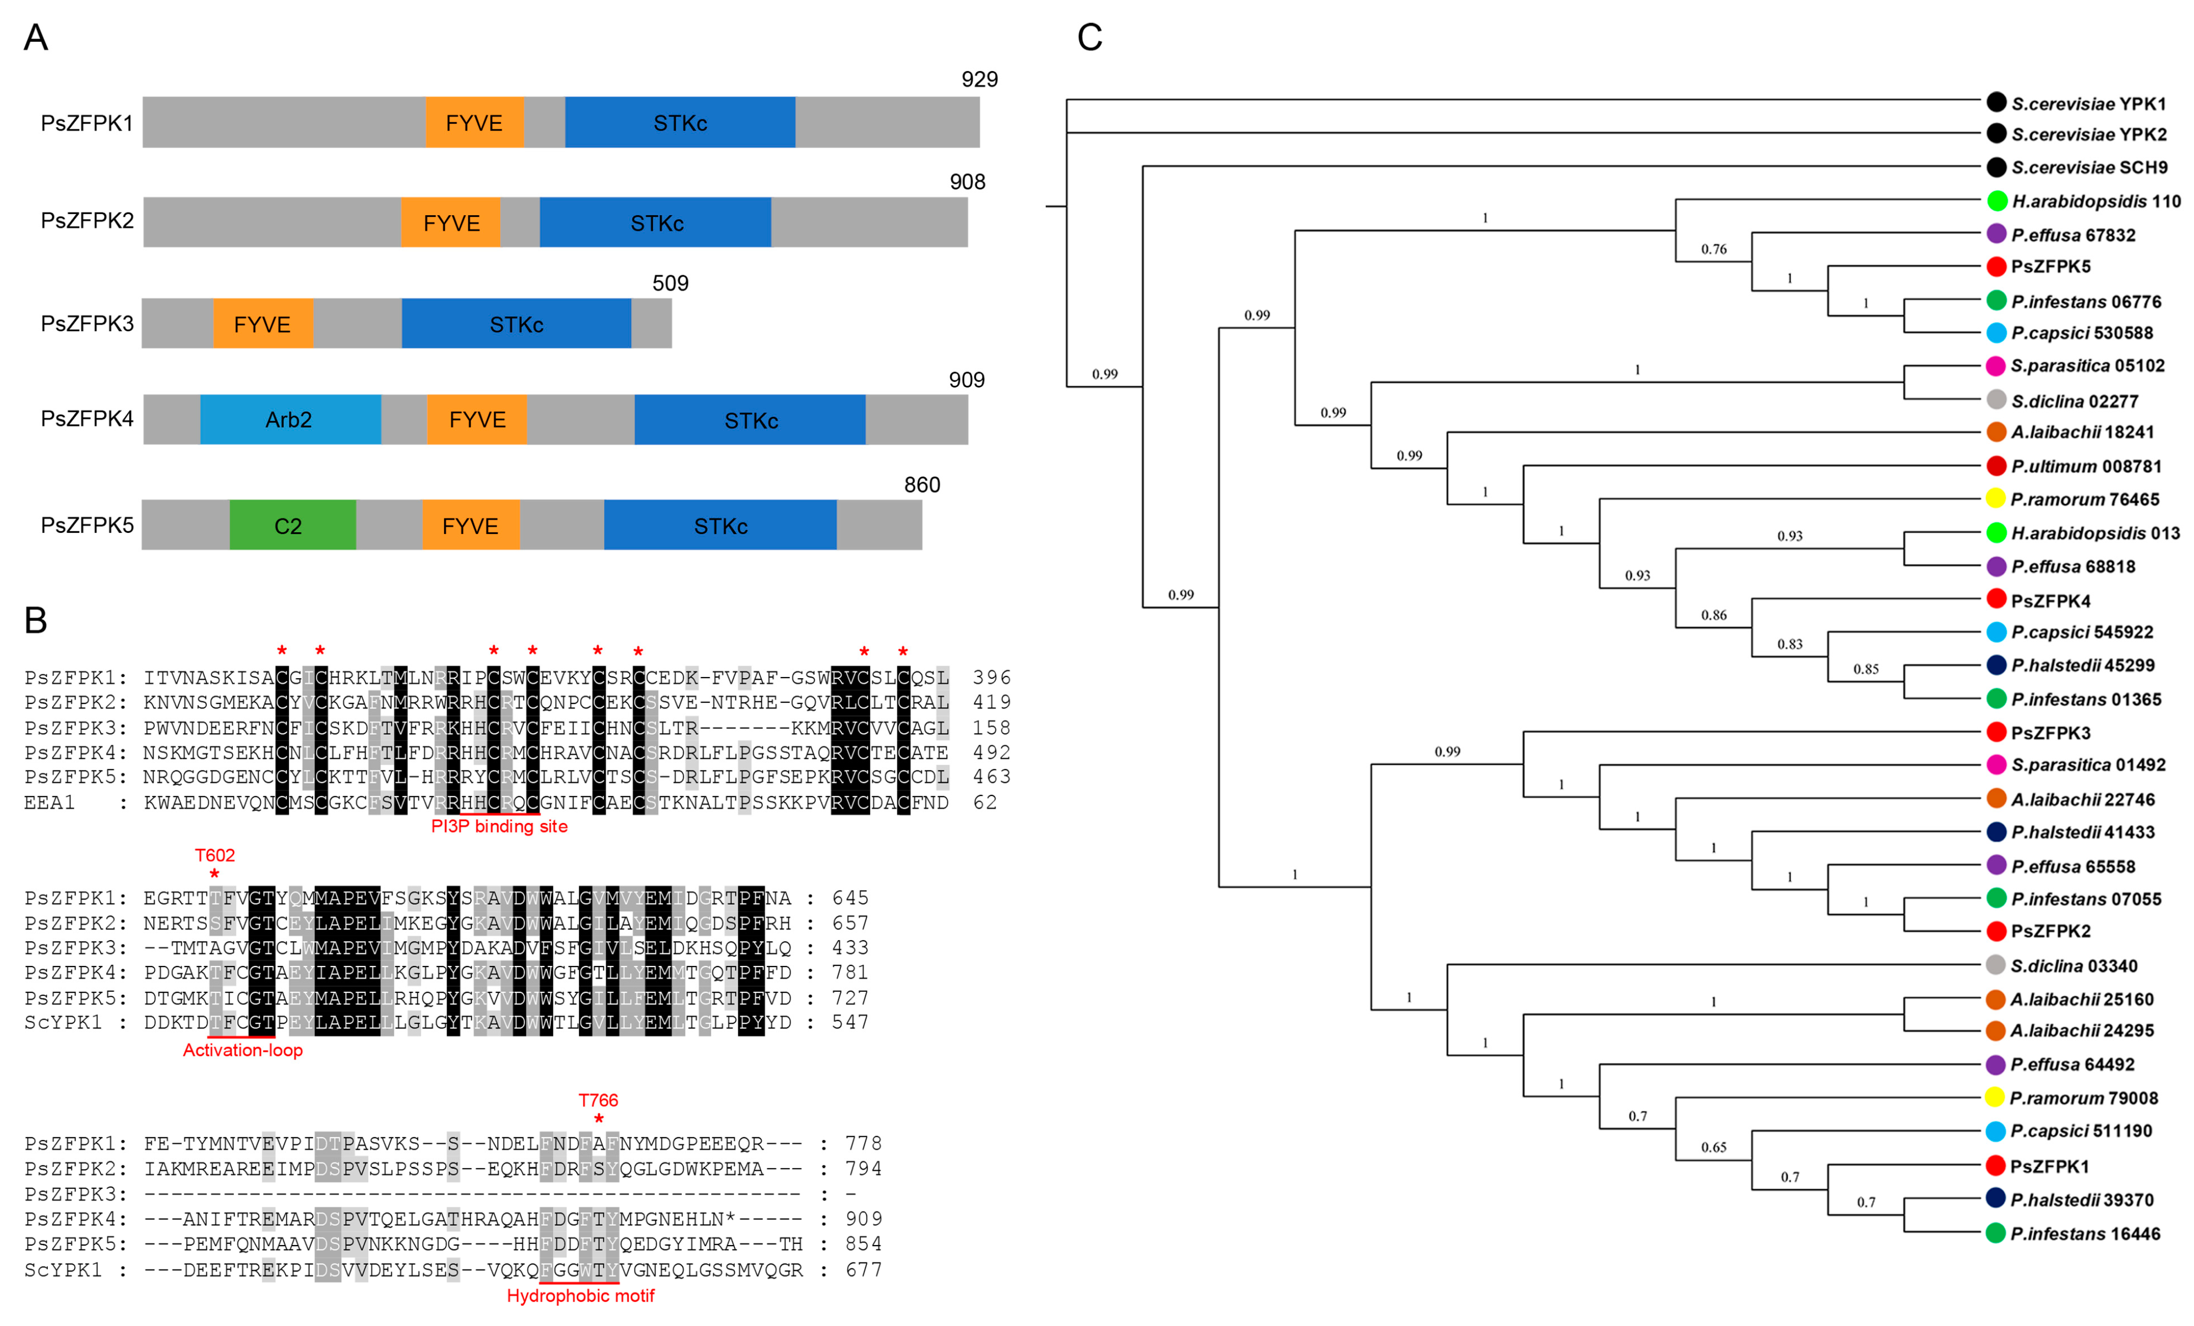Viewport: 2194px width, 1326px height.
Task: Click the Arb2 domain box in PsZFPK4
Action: [290, 419]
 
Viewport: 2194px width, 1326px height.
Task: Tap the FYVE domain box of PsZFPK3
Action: [262, 324]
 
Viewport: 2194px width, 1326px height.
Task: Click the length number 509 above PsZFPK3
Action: [670, 283]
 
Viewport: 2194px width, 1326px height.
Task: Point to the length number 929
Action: [979, 79]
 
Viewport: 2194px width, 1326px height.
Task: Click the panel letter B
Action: [36, 620]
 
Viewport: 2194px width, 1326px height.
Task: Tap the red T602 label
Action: [215, 855]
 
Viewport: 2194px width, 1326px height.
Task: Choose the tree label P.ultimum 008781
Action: [2086, 466]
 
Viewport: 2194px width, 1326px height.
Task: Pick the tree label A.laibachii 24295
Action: [2082, 1030]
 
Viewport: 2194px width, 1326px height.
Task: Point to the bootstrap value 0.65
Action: [1713, 1147]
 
